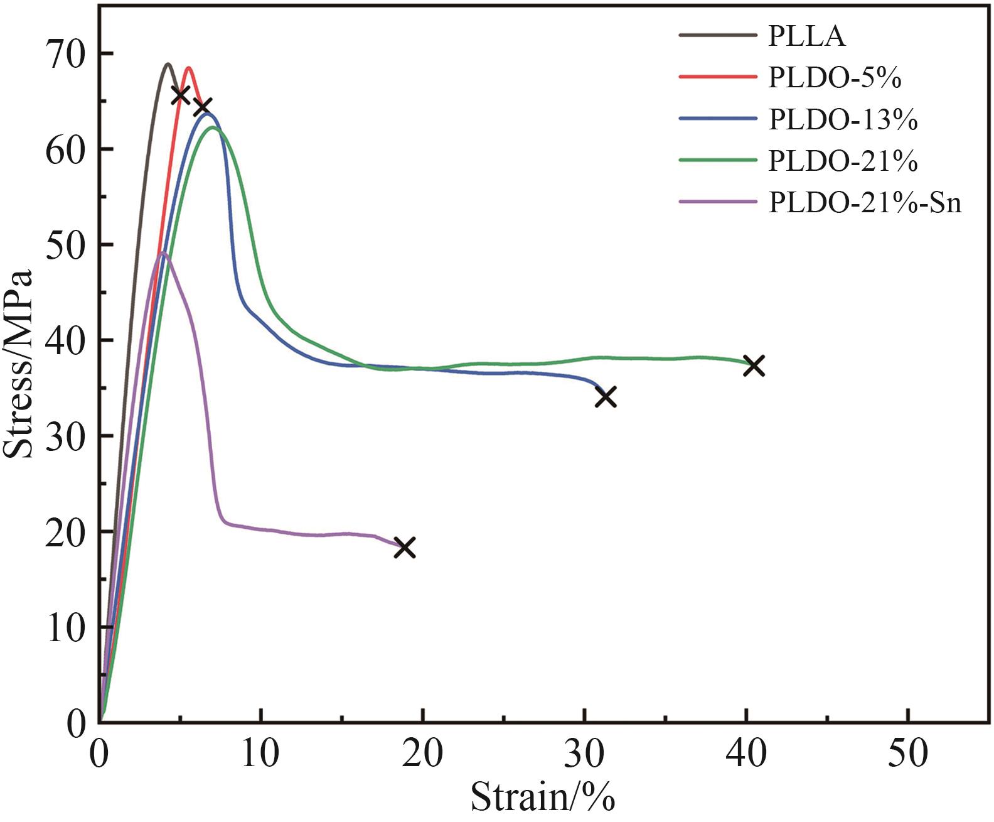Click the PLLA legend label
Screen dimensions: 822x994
[806, 36]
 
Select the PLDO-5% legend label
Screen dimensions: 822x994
[835, 78]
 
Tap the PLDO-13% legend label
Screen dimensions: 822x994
[843, 119]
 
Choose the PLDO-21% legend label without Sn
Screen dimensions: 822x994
[843, 161]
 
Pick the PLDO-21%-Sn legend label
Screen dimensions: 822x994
[865, 203]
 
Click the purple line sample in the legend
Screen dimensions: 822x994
[718, 202]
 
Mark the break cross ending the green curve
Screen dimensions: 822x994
[754, 365]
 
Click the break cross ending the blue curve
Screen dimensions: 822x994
[606, 397]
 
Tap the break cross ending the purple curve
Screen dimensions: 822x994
[405, 548]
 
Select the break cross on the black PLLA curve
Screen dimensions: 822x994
[181, 95]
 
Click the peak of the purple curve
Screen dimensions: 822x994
[163, 253]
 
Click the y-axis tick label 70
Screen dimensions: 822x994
[65, 55]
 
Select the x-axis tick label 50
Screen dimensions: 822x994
[908, 754]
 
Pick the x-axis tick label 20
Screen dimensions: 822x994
[423, 754]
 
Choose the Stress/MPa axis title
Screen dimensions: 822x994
[19, 364]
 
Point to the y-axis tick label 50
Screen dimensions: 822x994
[65, 246]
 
